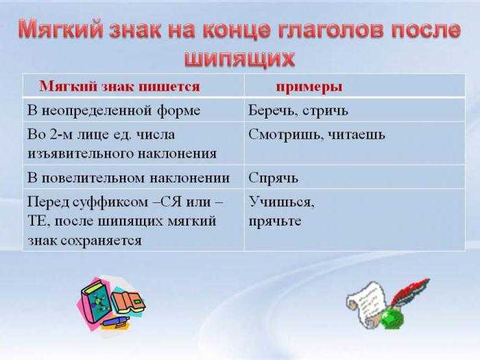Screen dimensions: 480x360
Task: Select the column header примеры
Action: click(x=309, y=87)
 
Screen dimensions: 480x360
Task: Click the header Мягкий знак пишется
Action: click(x=120, y=86)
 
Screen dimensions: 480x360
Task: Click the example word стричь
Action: click(x=326, y=111)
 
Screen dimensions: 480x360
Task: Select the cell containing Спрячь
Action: click(x=355, y=177)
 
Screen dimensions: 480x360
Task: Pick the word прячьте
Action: click(x=275, y=221)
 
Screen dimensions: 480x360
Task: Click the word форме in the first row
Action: click(x=179, y=110)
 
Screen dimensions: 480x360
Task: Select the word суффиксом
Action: click(x=110, y=202)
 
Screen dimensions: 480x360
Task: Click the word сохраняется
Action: click(x=101, y=241)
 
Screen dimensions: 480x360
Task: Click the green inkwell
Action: click(x=392, y=319)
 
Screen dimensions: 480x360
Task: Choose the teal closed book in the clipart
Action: click(x=96, y=300)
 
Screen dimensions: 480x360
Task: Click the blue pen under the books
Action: click(x=115, y=322)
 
